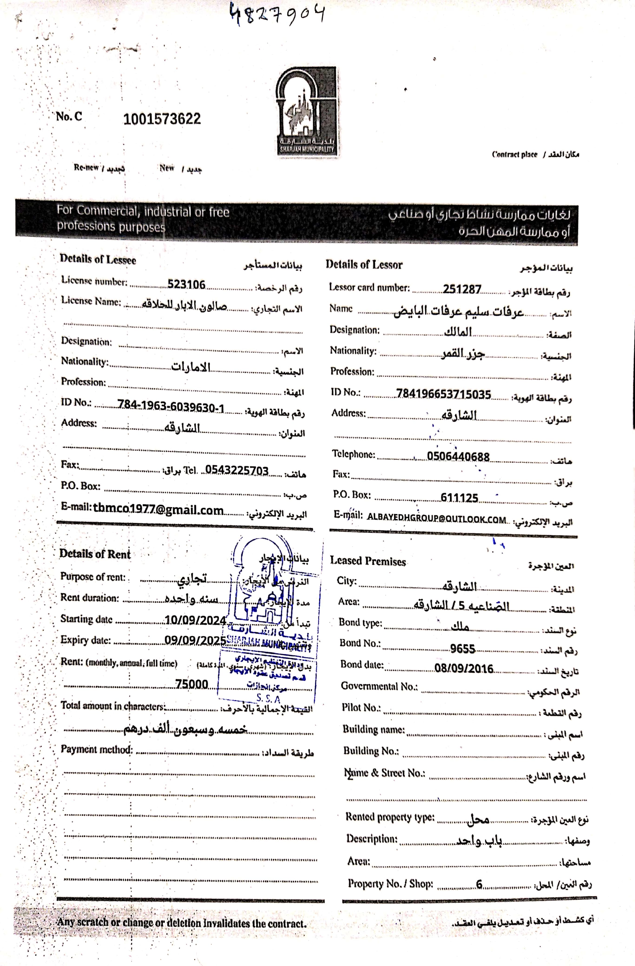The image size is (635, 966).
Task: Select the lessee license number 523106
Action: tap(186, 284)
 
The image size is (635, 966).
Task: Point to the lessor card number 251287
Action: tap(462, 289)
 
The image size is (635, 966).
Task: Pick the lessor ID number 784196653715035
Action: tap(443, 394)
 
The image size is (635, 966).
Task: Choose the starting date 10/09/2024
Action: tap(195, 620)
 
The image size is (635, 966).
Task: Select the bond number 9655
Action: tap(462, 649)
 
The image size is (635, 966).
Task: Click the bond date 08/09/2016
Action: tap(464, 669)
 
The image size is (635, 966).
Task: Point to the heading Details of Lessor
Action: tap(364, 265)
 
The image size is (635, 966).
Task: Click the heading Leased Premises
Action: tap(368, 561)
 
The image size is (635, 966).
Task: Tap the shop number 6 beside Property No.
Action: tap(479, 885)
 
